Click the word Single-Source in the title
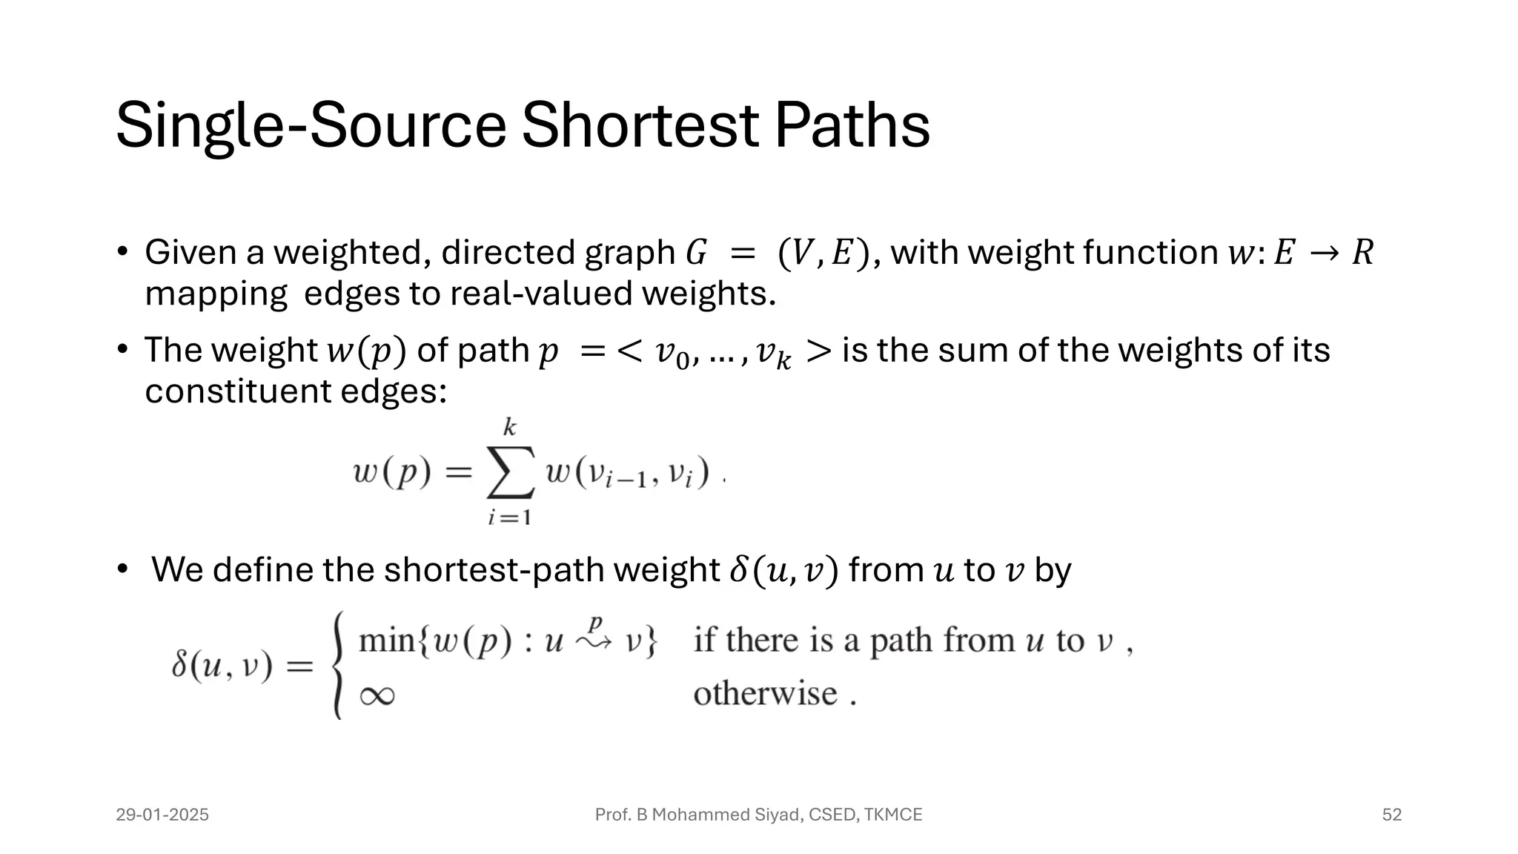click(x=311, y=125)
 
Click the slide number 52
click(x=1392, y=815)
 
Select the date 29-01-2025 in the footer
click(x=162, y=815)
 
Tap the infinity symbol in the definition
click(x=377, y=695)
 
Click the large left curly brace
click(x=338, y=665)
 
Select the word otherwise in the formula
click(x=765, y=694)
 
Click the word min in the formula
click(x=386, y=640)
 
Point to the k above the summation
click(x=509, y=428)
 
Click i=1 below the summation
click(x=509, y=517)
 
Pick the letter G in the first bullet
click(x=696, y=254)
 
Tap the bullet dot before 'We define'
click(x=123, y=569)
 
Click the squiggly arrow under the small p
click(x=594, y=642)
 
